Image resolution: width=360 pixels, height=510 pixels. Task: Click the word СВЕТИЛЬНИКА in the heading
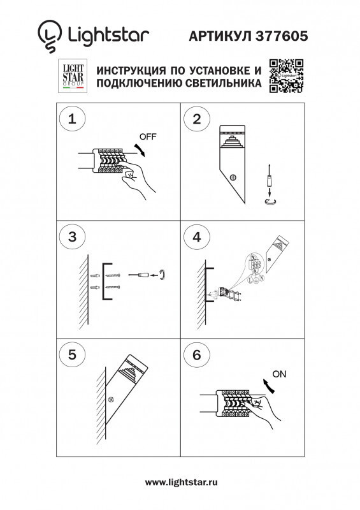(x=217, y=84)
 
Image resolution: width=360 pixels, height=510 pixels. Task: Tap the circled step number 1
(x=71, y=119)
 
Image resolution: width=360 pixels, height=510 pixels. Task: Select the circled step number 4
(x=196, y=237)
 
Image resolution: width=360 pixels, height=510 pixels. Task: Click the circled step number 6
(x=196, y=354)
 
